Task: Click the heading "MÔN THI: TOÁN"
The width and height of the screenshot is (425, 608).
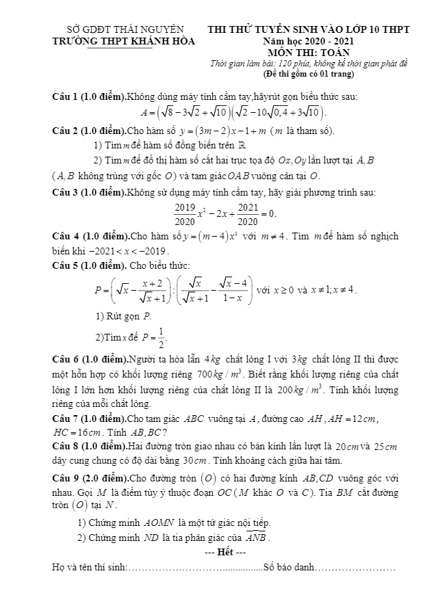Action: click(x=309, y=53)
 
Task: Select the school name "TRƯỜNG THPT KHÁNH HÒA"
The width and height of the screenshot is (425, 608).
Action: click(x=124, y=41)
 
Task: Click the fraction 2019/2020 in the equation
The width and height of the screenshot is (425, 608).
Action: click(x=184, y=213)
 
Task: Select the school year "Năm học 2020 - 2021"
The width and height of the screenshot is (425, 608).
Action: click(x=309, y=42)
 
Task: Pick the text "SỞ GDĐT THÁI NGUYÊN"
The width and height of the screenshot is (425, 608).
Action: click(x=124, y=30)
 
